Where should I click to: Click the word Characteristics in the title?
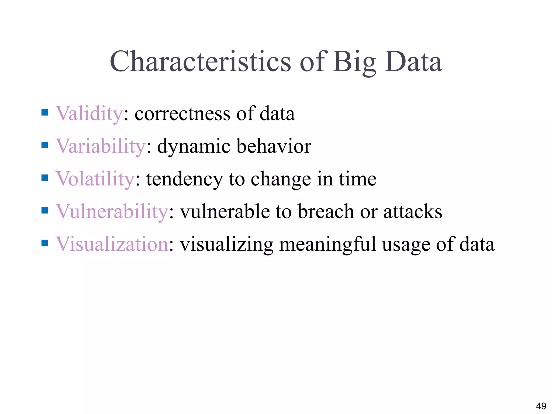tap(200, 62)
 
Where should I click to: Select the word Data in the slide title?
tap(413, 62)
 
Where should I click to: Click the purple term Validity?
tap(89, 114)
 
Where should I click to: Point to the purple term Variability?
tap(101, 146)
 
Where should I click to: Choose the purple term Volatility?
tap(95, 179)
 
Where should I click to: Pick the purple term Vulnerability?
tap(112, 212)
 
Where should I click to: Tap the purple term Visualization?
tap(112, 244)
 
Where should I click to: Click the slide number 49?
tap(541, 406)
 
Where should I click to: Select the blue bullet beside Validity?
tap(45, 112)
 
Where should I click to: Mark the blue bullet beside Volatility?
tap(45, 178)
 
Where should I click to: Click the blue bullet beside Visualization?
tap(45, 243)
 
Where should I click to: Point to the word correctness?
tap(182, 114)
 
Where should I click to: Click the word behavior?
tap(274, 146)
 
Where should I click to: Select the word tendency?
tap(184, 180)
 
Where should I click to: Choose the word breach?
tap(326, 212)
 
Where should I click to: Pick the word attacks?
tap(413, 212)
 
